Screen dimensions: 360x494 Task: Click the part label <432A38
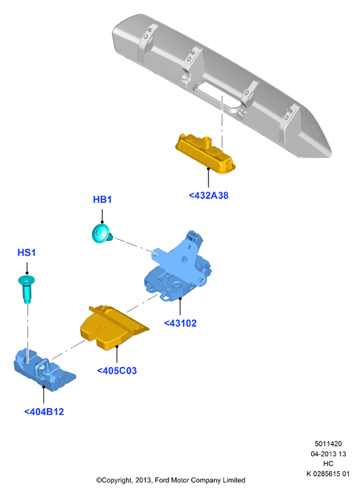208,196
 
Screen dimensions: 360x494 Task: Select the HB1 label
102,199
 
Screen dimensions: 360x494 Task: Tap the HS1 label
27,252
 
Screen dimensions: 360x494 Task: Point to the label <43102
180,324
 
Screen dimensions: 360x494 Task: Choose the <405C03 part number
117,370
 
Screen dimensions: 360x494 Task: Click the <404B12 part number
44,412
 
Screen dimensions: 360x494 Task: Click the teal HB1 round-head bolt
102,233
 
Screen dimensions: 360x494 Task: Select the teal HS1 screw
27,289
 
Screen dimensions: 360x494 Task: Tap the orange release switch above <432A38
206,154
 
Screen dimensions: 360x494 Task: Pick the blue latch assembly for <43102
178,267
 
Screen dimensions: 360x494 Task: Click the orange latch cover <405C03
113,328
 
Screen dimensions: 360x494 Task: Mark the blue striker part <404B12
43,370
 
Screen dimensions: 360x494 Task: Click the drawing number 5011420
328,444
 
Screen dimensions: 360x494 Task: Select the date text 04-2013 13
328,453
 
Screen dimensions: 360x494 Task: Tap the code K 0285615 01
328,474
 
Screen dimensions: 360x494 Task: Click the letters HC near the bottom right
328,463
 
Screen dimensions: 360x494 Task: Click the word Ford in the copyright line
161,480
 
